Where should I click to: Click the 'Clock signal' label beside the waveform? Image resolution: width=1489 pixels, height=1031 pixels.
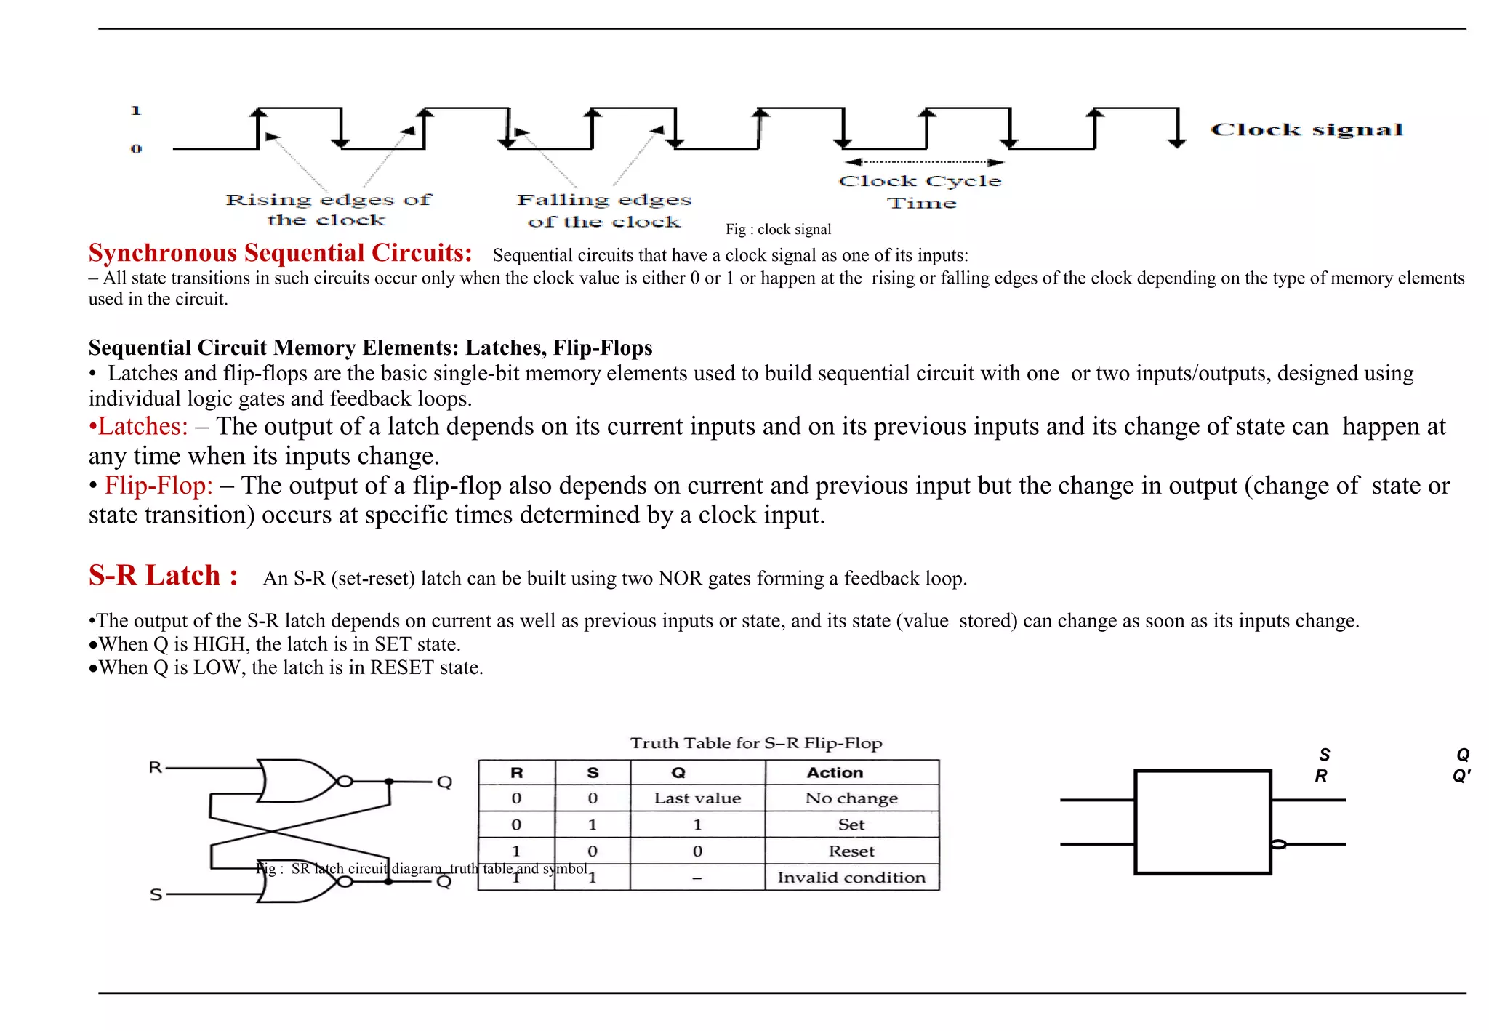point(1306,130)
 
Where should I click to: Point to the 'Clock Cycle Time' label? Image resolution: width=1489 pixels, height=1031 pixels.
point(920,192)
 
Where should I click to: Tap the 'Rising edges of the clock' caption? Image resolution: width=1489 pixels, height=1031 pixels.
point(328,209)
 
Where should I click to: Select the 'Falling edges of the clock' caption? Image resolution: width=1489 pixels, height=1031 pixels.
point(604,210)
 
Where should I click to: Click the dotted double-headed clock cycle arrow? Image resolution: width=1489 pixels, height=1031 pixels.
point(923,162)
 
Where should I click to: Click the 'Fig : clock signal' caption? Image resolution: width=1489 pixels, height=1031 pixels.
point(778,230)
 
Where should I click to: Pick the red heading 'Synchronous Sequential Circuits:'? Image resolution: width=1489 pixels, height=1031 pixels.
point(280,253)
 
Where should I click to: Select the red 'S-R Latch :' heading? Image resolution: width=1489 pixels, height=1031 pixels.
point(163,575)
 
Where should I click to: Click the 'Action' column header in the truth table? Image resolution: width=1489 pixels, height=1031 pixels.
point(835,772)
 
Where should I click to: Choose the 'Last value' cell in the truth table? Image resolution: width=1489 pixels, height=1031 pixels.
point(697,798)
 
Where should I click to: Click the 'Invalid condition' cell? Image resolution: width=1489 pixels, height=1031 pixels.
point(851,878)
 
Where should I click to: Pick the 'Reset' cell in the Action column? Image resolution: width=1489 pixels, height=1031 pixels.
point(851,851)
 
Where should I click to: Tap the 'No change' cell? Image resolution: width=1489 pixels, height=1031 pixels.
point(851,798)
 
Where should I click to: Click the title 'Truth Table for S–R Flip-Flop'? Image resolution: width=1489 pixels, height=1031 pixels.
point(756,743)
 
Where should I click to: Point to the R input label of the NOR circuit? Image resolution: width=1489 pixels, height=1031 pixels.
point(155,767)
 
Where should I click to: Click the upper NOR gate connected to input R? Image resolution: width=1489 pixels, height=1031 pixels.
point(294,781)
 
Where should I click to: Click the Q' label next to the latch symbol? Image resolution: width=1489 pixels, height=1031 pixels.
point(1461,777)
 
